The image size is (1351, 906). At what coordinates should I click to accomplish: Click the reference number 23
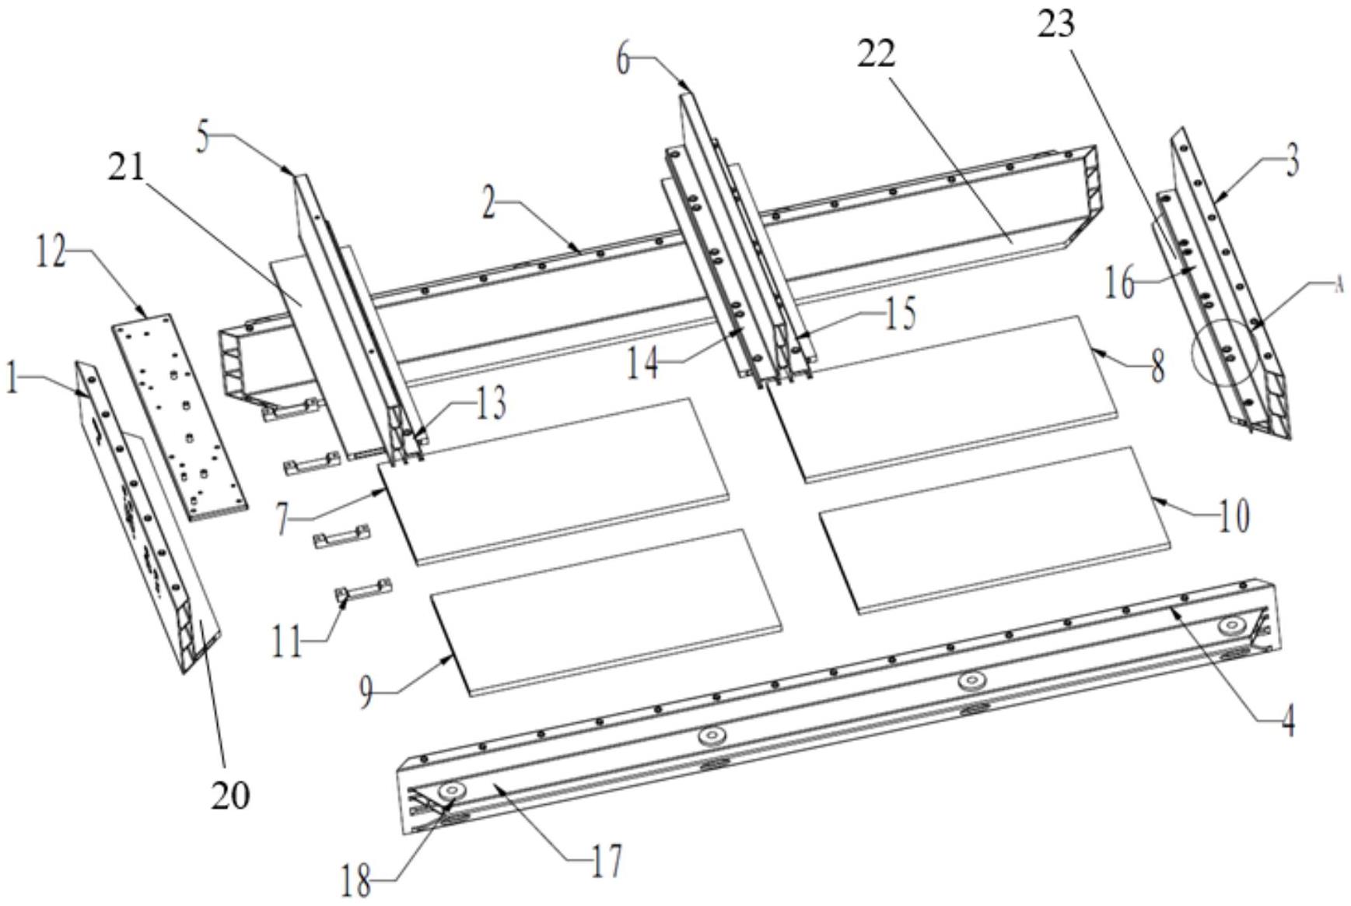click(x=1055, y=23)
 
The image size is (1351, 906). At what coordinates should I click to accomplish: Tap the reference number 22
click(x=876, y=53)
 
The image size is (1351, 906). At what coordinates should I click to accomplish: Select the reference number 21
click(x=126, y=166)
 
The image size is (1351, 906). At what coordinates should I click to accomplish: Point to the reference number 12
click(x=51, y=254)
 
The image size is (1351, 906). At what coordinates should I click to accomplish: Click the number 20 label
click(x=230, y=795)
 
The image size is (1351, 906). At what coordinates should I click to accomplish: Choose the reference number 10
click(x=1233, y=515)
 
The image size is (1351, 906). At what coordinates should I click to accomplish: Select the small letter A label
click(x=1339, y=286)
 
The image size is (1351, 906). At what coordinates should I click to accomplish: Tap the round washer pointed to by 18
click(x=451, y=791)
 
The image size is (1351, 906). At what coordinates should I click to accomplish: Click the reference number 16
click(x=1119, y=284)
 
